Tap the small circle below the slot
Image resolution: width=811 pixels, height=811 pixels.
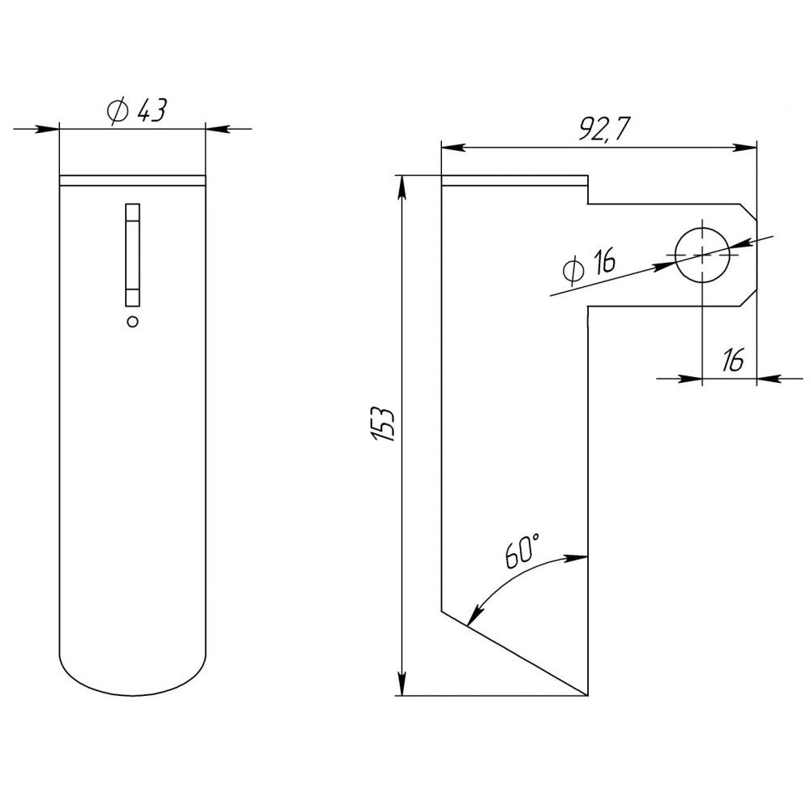(x=133, y=321)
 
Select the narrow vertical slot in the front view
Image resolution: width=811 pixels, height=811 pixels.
(x=133, y=254)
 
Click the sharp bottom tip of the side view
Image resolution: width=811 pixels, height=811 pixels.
(x=586, y=694)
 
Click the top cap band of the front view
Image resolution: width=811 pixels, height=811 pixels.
(x=133, y=181)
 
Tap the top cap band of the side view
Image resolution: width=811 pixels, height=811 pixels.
(x=513, y=181)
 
